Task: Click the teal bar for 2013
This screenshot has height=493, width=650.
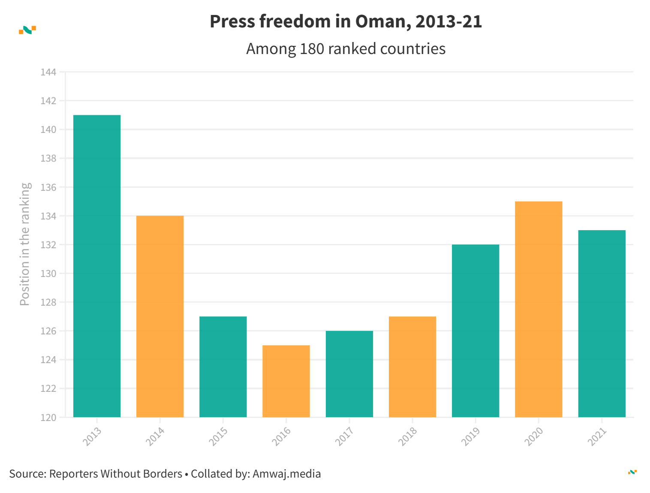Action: [97, 266]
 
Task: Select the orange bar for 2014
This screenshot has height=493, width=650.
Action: [160, 316]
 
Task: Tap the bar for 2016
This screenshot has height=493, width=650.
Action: [286, 381]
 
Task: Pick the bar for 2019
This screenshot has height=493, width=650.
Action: [475, 331]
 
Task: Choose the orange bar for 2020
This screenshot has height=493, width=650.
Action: [539, 309]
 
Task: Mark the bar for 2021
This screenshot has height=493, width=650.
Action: [602, 324]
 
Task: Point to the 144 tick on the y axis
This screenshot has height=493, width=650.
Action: [48, 72]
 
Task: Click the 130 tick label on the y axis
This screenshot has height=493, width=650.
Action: [48, 274]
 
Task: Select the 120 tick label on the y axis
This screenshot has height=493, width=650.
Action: [48, 418]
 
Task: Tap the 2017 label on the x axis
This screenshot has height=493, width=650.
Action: [344, 436]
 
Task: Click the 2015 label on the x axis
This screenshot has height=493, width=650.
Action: [218, 436]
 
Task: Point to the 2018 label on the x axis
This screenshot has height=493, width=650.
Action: [407, 436]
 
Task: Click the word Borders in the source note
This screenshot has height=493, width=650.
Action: [166, 474]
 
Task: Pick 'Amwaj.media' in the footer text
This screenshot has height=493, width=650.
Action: [286, 474]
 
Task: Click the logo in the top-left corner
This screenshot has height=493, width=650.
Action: [27, 30]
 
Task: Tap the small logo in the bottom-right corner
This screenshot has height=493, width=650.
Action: [632, 472]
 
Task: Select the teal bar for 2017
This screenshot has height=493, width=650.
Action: [349, 374]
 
